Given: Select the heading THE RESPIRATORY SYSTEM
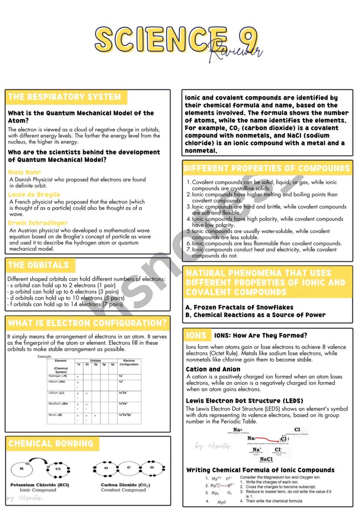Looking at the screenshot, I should click(x=64, y=97).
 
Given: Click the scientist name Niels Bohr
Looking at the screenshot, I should click(x=24, y=172).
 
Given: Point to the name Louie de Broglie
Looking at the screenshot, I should click(x=34, y=195).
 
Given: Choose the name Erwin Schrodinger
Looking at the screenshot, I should click(x=38, y=223).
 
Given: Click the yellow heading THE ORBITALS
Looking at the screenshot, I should click(x=38, y=265).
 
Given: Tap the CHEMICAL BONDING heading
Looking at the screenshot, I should click(x=51, y=444).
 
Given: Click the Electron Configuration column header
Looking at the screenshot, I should click(x=129, y=363).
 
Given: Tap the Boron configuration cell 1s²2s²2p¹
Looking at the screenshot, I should click(x=126, y=415).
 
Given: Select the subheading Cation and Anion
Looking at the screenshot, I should click(x=213, y=369).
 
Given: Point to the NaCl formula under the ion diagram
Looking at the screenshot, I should click(x=266, y=459).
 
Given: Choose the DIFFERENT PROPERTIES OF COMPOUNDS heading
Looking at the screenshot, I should click(x=267, y=168).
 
